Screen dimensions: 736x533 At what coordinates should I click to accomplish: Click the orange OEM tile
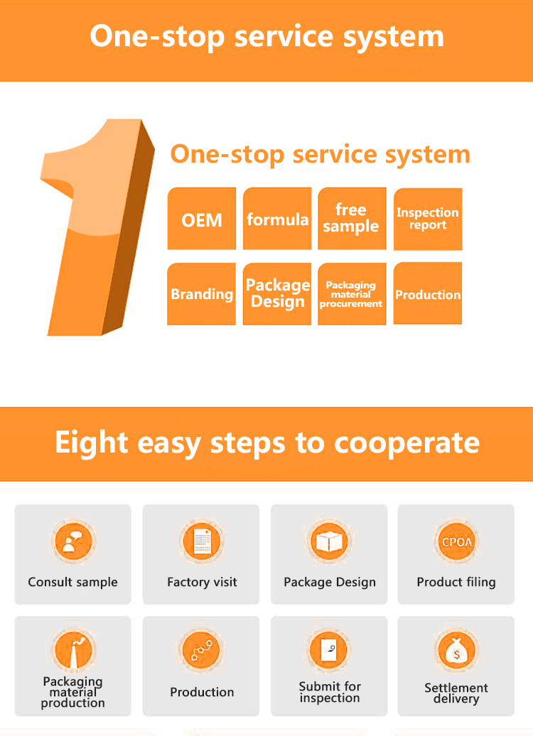click(x=202, y=219)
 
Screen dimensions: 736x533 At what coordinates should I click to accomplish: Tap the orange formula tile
click(x=277, y=219)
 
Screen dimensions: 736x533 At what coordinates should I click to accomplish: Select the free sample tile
click(x=352, y=219)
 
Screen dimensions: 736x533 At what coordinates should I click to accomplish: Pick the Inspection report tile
click(x=428, y=219)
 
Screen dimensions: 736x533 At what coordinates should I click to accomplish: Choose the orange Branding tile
click(x=202, y=294)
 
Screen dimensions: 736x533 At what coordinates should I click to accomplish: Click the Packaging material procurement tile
click(x=352, y=294)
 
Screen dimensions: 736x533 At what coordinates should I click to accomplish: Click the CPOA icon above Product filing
click(x=456, y=542)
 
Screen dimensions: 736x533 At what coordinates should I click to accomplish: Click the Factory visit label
click(x=202, y=583)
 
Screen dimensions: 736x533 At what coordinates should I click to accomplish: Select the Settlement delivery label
click(x=456, y=693)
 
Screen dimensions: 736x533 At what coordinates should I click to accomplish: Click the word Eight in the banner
click(x=91, y=443)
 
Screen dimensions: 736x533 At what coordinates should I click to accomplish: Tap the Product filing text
click(x=456, y=583)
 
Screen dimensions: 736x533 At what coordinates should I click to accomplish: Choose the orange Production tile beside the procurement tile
click(x=428, y=294)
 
